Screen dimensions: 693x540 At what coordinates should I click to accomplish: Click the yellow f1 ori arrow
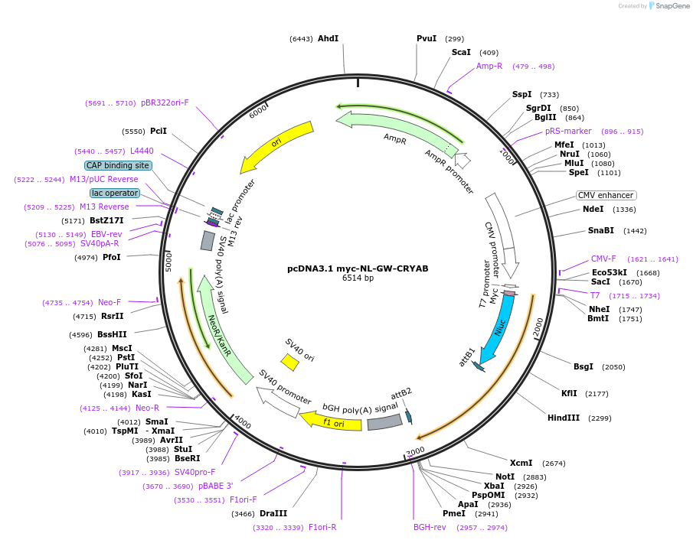pyautogui.click(x=331, y=421)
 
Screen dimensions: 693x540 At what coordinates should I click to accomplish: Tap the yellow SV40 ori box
pyautogui.click(x=290, y=362)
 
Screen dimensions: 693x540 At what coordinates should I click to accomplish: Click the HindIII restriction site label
pyautogui.click(x=564, y=418)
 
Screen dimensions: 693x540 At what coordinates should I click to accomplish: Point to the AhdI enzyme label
pyautogui.click(x=328, y=38)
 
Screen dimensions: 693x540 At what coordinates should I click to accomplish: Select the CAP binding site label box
pyautogui.click(x=118, y=165)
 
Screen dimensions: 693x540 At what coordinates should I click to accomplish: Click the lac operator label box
pyautogui.click(x=115, y=193)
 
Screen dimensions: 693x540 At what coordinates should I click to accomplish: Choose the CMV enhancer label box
pyautogui.click(x=606, y=195)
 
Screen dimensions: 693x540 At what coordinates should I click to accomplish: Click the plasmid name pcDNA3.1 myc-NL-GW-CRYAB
pyautogui.click(x=358, y=268)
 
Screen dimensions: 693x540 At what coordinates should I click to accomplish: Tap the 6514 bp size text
pyautogui.click(x=358, y=278)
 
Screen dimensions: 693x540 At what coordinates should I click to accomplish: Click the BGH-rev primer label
pyautogui.click(x=430, y=527)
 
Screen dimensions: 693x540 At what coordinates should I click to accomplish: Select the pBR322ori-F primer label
pyautogui.click(x=165, y=103)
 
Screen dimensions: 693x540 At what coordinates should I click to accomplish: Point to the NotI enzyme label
pyautogui.click(x=505, y=477)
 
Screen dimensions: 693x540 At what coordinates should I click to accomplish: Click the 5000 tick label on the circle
pyautogui.click(x=168, y=262)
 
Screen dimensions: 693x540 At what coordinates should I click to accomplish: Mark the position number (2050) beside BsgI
pyautogui.click(x=613, y=367)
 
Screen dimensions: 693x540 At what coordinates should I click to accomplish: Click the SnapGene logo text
pyautogui.click(x=672, y=6)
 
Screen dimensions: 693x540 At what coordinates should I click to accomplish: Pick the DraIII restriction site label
pyautogui.click(x=273, y=513)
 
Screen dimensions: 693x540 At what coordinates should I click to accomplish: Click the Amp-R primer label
pyautogui.click(x=489, y=66)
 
